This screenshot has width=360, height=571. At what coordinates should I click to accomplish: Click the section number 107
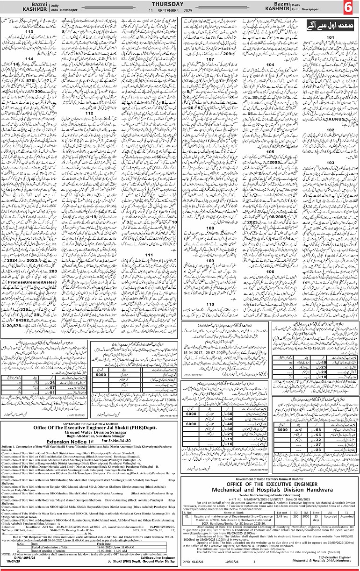pyautogui.click(x=210, y=60)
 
